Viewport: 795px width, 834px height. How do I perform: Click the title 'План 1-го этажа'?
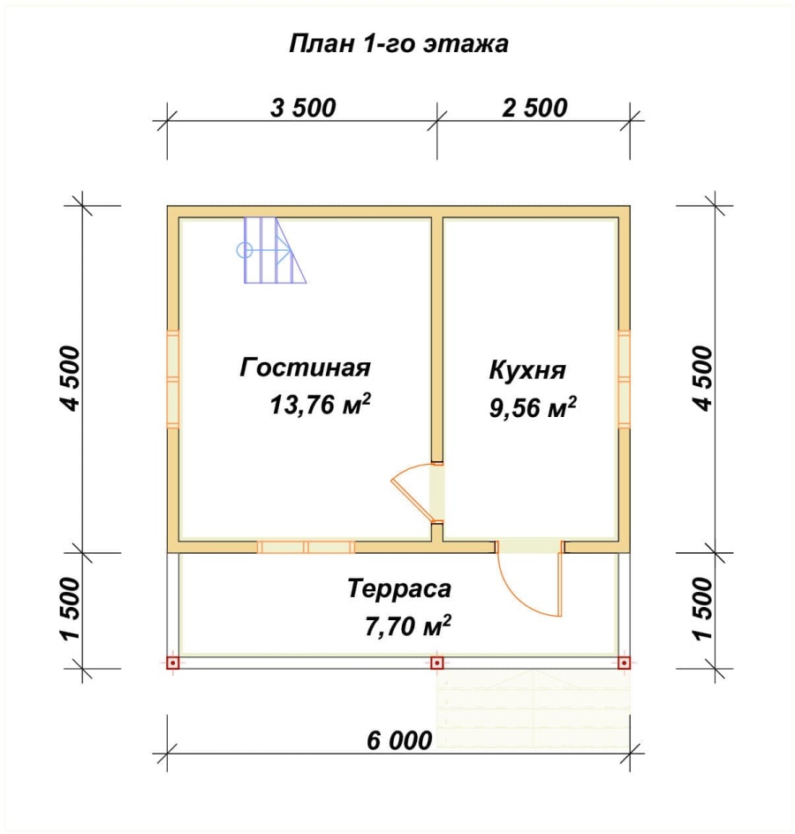click(398, 43)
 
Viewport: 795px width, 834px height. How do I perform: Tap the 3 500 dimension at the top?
click(303, 108)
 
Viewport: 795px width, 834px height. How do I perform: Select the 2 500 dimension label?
click(534, 108)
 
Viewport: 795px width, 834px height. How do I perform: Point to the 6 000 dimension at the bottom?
click(399, 740)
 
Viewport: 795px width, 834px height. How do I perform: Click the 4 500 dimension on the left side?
click(71, 378)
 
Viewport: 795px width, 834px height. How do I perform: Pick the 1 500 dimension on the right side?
click(702, 610)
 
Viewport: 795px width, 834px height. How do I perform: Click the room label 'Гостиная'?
click(306, 368)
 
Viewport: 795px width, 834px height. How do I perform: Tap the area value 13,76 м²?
click(320, 405)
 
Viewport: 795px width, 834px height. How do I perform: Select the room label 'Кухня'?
click(527, 370)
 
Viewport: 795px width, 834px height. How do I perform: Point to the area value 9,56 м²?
click(533, 408)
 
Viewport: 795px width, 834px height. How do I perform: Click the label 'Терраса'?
click(399, 588)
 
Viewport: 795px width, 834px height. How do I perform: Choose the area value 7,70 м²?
click(408, 626)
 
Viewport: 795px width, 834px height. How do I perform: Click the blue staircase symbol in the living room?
click(272, 250)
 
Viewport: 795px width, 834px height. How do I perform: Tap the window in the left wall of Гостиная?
click(173, 379)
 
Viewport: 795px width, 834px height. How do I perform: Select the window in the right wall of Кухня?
click(625, 379)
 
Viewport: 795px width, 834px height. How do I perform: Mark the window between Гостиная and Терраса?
click(307, 548)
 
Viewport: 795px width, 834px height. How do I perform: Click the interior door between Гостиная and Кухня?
click(418, 493)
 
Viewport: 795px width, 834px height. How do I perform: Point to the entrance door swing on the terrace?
click(530, 579)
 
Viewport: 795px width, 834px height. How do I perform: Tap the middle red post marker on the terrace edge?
click(437, 663)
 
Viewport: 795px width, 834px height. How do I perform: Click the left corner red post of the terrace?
click(173, 663)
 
